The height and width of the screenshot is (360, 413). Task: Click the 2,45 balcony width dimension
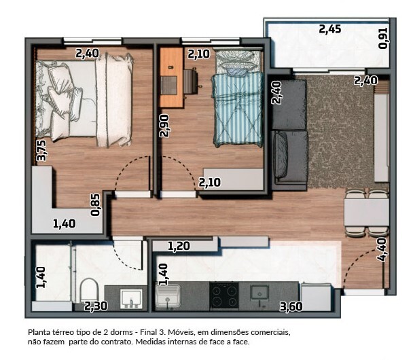(329, 29)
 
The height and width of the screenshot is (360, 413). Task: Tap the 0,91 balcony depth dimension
(383, 38)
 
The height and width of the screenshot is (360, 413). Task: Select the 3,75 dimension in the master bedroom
(41, 150)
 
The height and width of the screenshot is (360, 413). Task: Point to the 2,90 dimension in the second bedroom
(164, 126)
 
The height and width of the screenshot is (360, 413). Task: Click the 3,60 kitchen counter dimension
(291, 306)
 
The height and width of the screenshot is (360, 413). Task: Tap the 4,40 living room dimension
(382, 249)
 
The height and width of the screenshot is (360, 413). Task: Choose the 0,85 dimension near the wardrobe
(95, 205)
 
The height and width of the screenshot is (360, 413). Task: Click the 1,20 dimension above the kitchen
(179, 247)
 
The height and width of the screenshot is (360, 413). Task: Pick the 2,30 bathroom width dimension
(96, 306)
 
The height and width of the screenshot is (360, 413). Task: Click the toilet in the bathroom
(89, 290)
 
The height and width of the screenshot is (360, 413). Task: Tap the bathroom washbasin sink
(131, 299)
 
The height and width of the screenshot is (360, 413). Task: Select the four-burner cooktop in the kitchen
(224, 295)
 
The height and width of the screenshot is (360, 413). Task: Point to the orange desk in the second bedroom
(171, 77)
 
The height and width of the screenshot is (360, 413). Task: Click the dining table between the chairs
(366, 213)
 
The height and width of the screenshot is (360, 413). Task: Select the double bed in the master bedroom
(84, 100)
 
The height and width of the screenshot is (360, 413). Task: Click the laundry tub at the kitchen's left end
(168, 295)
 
